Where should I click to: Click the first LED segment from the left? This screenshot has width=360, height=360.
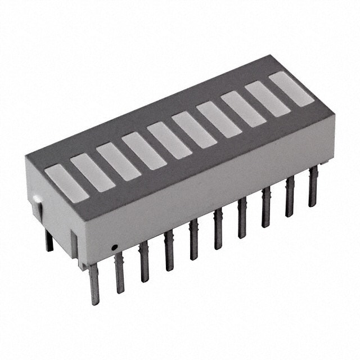(67, 183)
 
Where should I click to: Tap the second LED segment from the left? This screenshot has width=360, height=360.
(93, 172)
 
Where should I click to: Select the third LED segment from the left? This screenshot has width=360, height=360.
(118, 162)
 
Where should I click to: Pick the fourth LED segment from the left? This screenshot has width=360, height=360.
(144, 151)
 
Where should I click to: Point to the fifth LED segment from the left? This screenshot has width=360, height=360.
(169, 140)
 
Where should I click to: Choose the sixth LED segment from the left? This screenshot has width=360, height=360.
(194, 129)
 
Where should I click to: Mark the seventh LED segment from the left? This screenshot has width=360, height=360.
(219, 119)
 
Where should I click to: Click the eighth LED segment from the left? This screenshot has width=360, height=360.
(243, 109)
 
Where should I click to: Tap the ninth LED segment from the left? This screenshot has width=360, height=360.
(267, 99)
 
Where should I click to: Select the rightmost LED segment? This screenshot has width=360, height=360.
(291, 89)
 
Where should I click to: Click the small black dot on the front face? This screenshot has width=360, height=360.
(114, 246)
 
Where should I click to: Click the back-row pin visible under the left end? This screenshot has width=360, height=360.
(49, 241)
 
